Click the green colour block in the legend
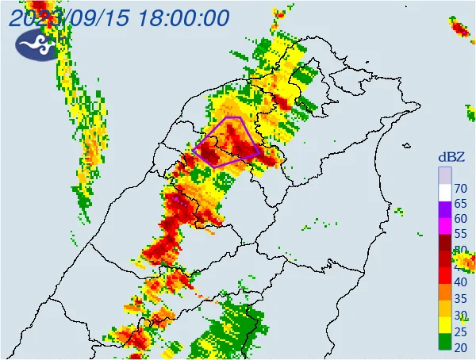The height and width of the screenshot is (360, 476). click(x=445, y=342)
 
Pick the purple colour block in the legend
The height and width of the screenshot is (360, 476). click(x=445, y=211)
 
